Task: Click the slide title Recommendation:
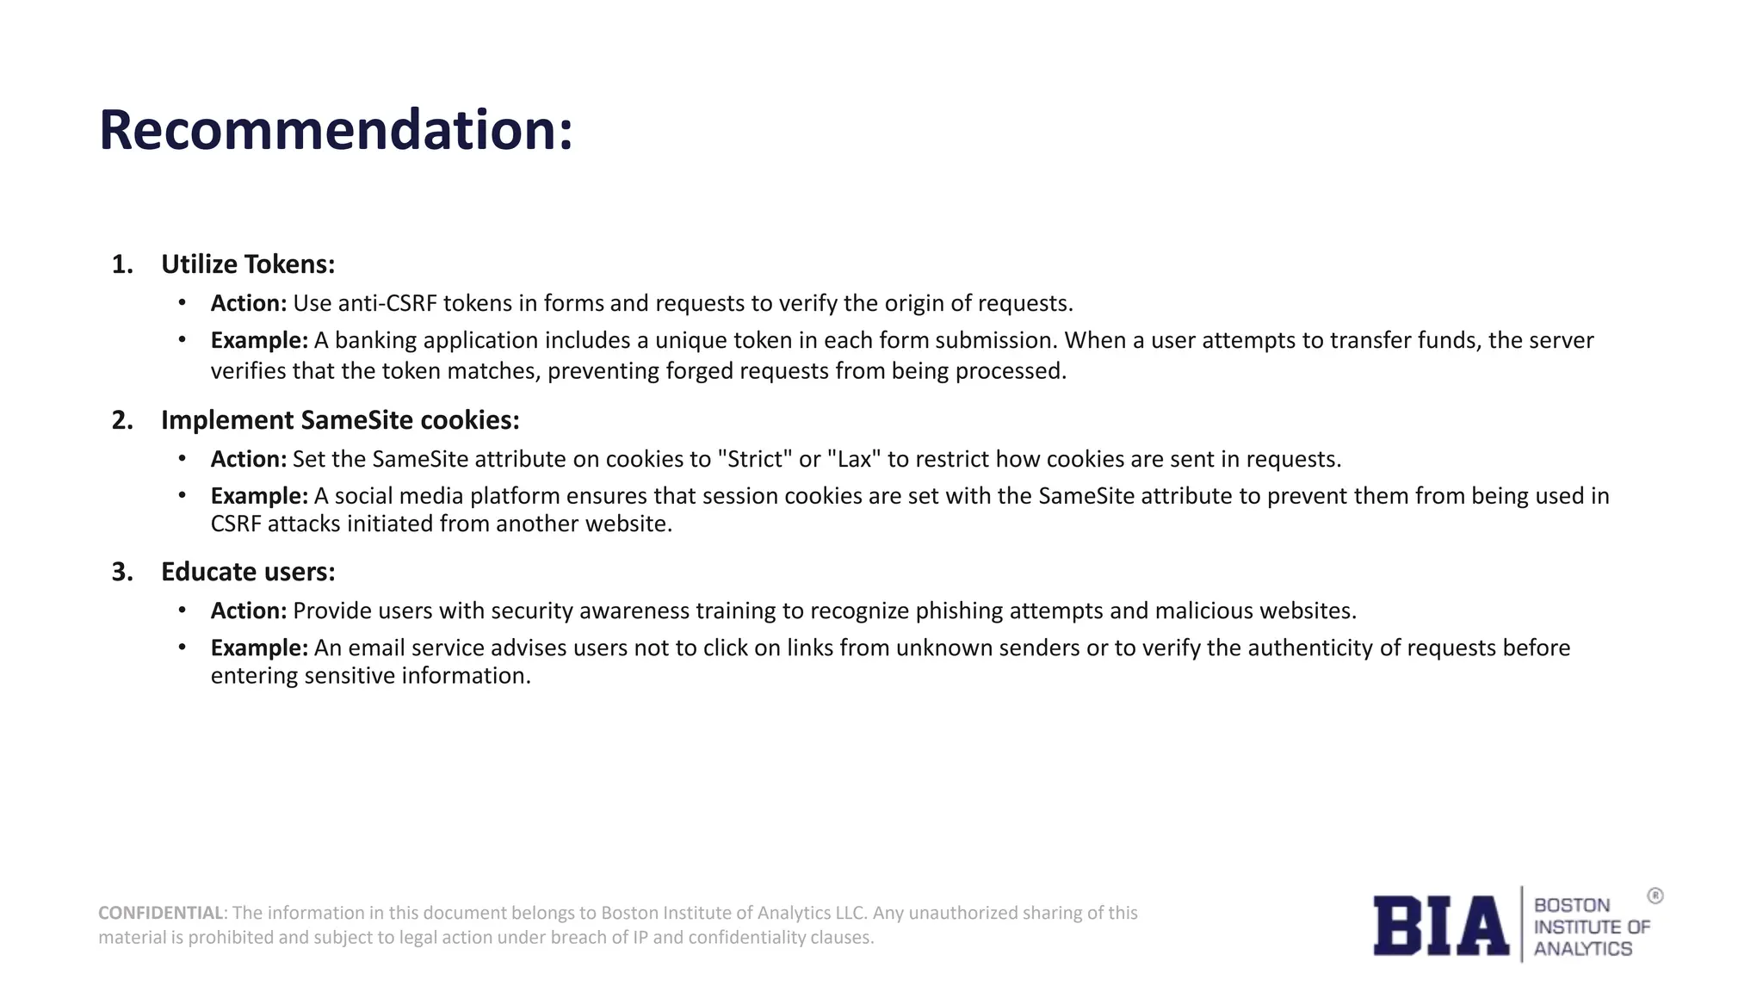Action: pyautogui.click(x=336, y=131)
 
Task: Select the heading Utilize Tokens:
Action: pyautogui.click(x=248, y=264)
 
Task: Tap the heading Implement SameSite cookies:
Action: pyautogui.click(x=340, y=420)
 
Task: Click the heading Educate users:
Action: pyautogui.click(x=248, y=572)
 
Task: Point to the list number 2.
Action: pyautogui.click(x=122, y=420)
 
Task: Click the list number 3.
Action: pyautogui.click(x=122, y=572)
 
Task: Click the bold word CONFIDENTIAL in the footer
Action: pyautogui.click(x=161, y=913)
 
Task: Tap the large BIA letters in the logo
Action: pyautogui.click(x=1440, y=926)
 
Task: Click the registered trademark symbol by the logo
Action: pyautogui.click(x=1655, y=896)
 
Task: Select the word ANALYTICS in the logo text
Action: pyautogui.click(x=1582, y=949)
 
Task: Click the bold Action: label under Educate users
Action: pyautogui.click(x=248, y=611)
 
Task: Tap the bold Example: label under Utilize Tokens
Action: pyautogui.click(x=259, y=341)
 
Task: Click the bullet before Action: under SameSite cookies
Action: pyautogui.click(x=182, y=459)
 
